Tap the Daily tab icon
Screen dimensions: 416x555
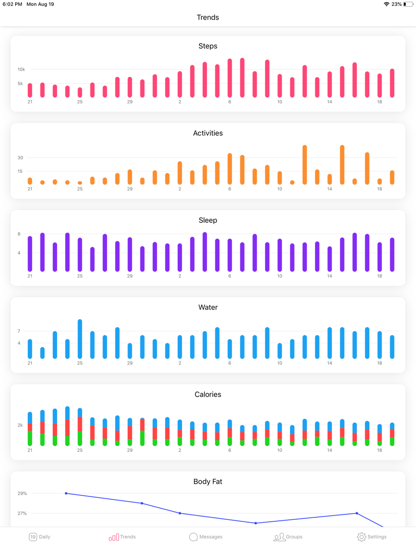click(x=33, y=537)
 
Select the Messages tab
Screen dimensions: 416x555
click(x=206, y=537)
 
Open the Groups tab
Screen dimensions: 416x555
click(x=288, y=537)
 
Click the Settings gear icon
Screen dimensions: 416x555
click(x=361, y=537)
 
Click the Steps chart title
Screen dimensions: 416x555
click(x=208, y=46)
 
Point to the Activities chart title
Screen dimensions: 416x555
click(x=208, y=133)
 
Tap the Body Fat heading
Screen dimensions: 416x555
click(x=208, y=481)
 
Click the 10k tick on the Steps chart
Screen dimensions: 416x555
click(x=21, y=69)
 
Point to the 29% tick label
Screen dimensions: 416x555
click(x=22, y=493)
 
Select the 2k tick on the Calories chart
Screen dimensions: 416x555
click(x=20, y=425)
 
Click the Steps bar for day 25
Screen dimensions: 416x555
click(x=80, y=92)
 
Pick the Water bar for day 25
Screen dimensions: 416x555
click(x=80, y=339)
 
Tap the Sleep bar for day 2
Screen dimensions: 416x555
click(x=180, y=257)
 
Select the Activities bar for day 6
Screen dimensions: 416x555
click(x=229, y=169)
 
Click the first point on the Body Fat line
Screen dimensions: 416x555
click(x=66, y=493)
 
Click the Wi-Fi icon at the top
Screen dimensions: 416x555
click(x=387, y=4)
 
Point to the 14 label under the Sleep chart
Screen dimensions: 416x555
click(x=329, y=276)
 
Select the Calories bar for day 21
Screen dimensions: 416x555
click(x=30, y=428)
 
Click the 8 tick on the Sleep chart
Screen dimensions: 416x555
click(x=19, y=234)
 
